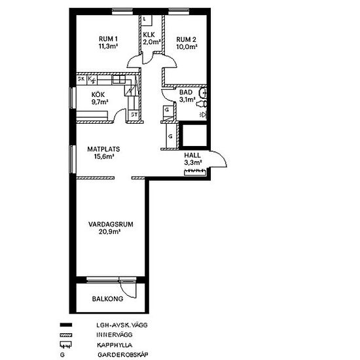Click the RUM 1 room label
click(x=108, y=39)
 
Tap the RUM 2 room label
click(x=186, y=39)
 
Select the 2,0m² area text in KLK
click(x=152, y=42)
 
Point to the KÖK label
click(x=98, y=95)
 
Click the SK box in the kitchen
click(x=81, y=79)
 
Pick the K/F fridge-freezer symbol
click(x=92, y=80)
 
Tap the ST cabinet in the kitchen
click(x=134, y=115)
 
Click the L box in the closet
click(x=146, y=20)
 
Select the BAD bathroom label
click(x=186, y=92)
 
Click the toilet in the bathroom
click(x=202, y=104)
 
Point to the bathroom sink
click(x=204, y=93)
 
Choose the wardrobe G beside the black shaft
click(x=171, y=136)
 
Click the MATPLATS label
click(x=103, y=149)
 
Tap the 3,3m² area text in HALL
click(x=193, y=162)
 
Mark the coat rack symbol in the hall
click(x=195, y=172)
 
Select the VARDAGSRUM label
click(x=111, y=225)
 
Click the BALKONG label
click(x=108, y=299)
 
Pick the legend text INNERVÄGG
click(x=115, y=334)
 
